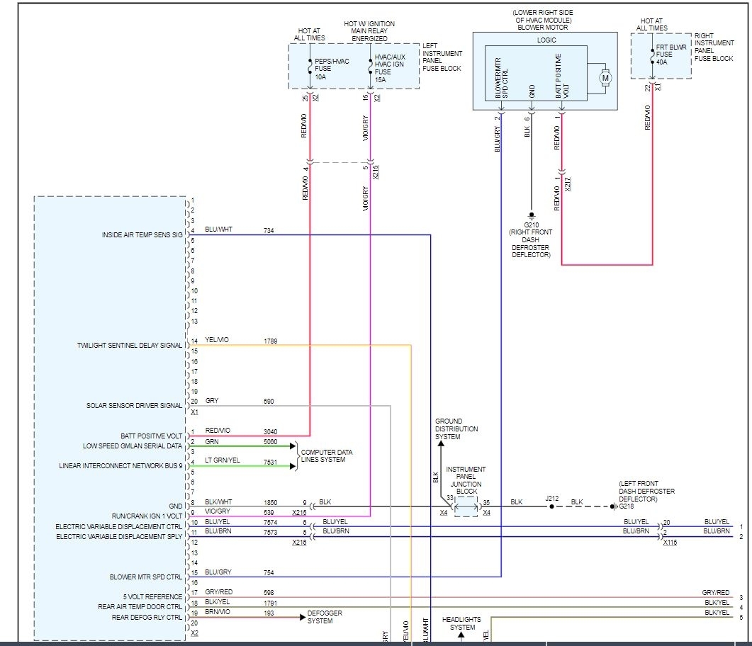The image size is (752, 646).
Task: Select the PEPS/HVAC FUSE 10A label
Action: (x=330, y=67)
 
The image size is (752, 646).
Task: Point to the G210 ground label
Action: (x=530, y=223)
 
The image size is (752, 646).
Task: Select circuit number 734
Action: (x=269, y=230)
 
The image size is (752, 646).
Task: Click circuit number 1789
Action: (x=270, y=341)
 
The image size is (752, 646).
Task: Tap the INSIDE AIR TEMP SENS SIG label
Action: (x=142, y=234)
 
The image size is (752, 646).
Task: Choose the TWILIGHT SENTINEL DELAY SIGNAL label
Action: (x=130, y=346)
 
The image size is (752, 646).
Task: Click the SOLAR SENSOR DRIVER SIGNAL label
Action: (x=134, y=406)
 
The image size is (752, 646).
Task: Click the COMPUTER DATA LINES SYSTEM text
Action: (x=327, y=455)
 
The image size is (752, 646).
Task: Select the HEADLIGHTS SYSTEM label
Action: (x=463, y=623)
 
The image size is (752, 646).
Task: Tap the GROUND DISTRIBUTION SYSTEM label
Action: (x=456, y=429)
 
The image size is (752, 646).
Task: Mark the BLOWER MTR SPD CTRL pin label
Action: (x=146, y=577)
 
